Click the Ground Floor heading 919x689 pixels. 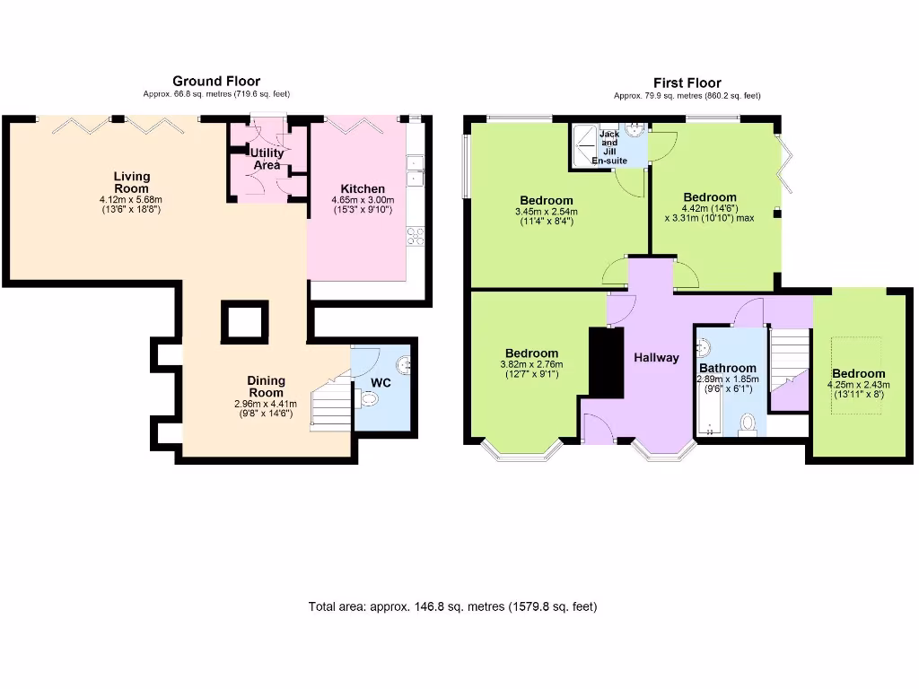click(216, 82)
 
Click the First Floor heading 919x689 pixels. click(687, 83)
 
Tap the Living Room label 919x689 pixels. click(132, 182)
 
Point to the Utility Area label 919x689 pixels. click(267, 159)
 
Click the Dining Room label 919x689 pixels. click(266, 387)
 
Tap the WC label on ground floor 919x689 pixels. click(381, 383)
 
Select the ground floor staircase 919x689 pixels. click(329, 403)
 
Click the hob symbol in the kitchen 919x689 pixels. click(416, 237)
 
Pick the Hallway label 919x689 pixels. click(656, 358)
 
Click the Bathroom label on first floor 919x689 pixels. click(727, 368)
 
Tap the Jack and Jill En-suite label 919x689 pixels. click(609, 143)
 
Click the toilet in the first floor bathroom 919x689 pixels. click(747, 423)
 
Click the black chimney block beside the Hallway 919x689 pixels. click(605, 362)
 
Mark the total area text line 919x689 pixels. click(452, 606)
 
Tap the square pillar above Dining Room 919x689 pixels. click(244, 321)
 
